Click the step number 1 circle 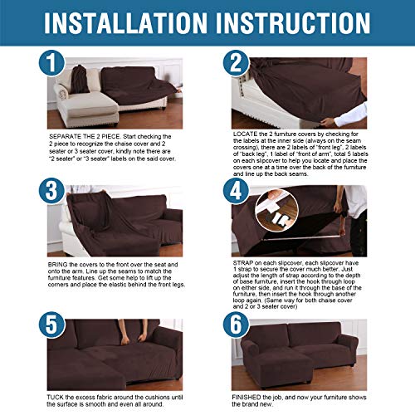(51, 63)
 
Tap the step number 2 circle (237, 63)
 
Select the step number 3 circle (51, 191)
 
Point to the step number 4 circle (237, 191)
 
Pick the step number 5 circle (51, 325)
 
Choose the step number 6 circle (237, 325)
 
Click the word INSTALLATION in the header (125, 22)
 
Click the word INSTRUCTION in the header (293, 22)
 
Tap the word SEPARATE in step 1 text (61, 136)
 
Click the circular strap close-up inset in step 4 (276, 210)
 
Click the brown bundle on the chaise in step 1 (80, 80)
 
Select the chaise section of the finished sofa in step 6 (282, 367)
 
